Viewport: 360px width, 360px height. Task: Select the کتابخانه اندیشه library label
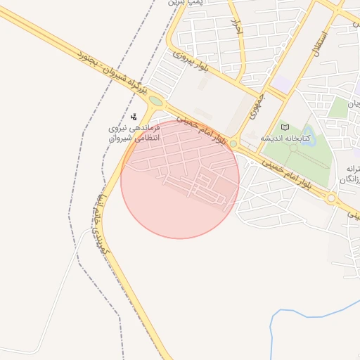click(x=286, y=138)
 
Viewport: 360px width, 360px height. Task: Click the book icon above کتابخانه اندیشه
click(x=285, y=127)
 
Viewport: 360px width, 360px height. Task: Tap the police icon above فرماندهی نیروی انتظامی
click(x=134, y=117)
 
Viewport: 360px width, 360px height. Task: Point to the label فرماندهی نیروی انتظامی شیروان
click(x=134, y=133)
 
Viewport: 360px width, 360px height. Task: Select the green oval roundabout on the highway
click(x=156, y=101)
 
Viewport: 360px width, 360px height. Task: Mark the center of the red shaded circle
click(x=180, y=179)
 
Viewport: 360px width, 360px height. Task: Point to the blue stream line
click(x=302, y=310)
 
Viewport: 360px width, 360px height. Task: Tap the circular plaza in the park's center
click(x=293, y=148)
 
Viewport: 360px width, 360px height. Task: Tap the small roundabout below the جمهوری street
click(x=233, y=143)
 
